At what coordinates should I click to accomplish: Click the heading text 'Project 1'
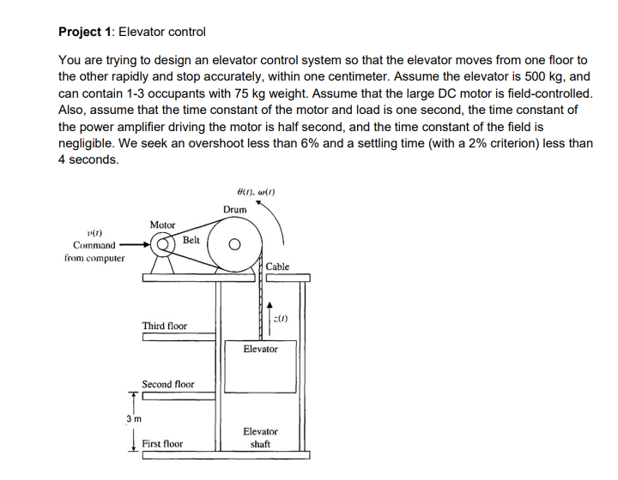85,32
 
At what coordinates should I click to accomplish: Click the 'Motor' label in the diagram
162,225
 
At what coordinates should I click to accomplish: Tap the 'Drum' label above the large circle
234,210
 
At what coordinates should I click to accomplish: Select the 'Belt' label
191,241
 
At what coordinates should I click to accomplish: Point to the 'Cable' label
277,267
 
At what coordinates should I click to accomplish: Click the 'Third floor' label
165,326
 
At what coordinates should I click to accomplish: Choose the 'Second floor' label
168,385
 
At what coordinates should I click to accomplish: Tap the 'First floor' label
162,444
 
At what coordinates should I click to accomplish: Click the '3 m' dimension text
133,417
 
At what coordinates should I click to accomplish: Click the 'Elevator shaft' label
260,437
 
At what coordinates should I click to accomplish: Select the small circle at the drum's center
233,246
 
